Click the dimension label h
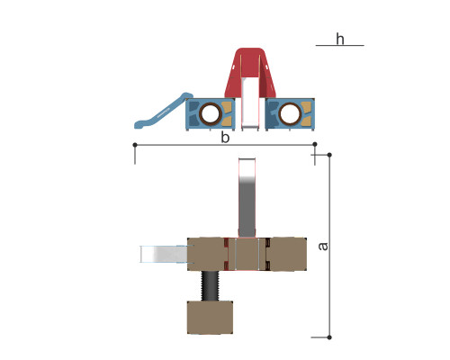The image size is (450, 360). [x=340, y=39]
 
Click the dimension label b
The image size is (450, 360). [x=225, y=138]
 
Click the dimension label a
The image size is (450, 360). [x=323, y=246]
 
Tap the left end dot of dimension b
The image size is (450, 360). [x=135, y=145]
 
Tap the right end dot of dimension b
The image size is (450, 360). [x=315, y=144]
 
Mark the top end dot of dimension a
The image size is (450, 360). [x=329, y=155]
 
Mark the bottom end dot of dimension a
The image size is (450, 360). [x=329, y=337]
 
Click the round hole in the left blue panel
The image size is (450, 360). [x=210, y=113]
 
